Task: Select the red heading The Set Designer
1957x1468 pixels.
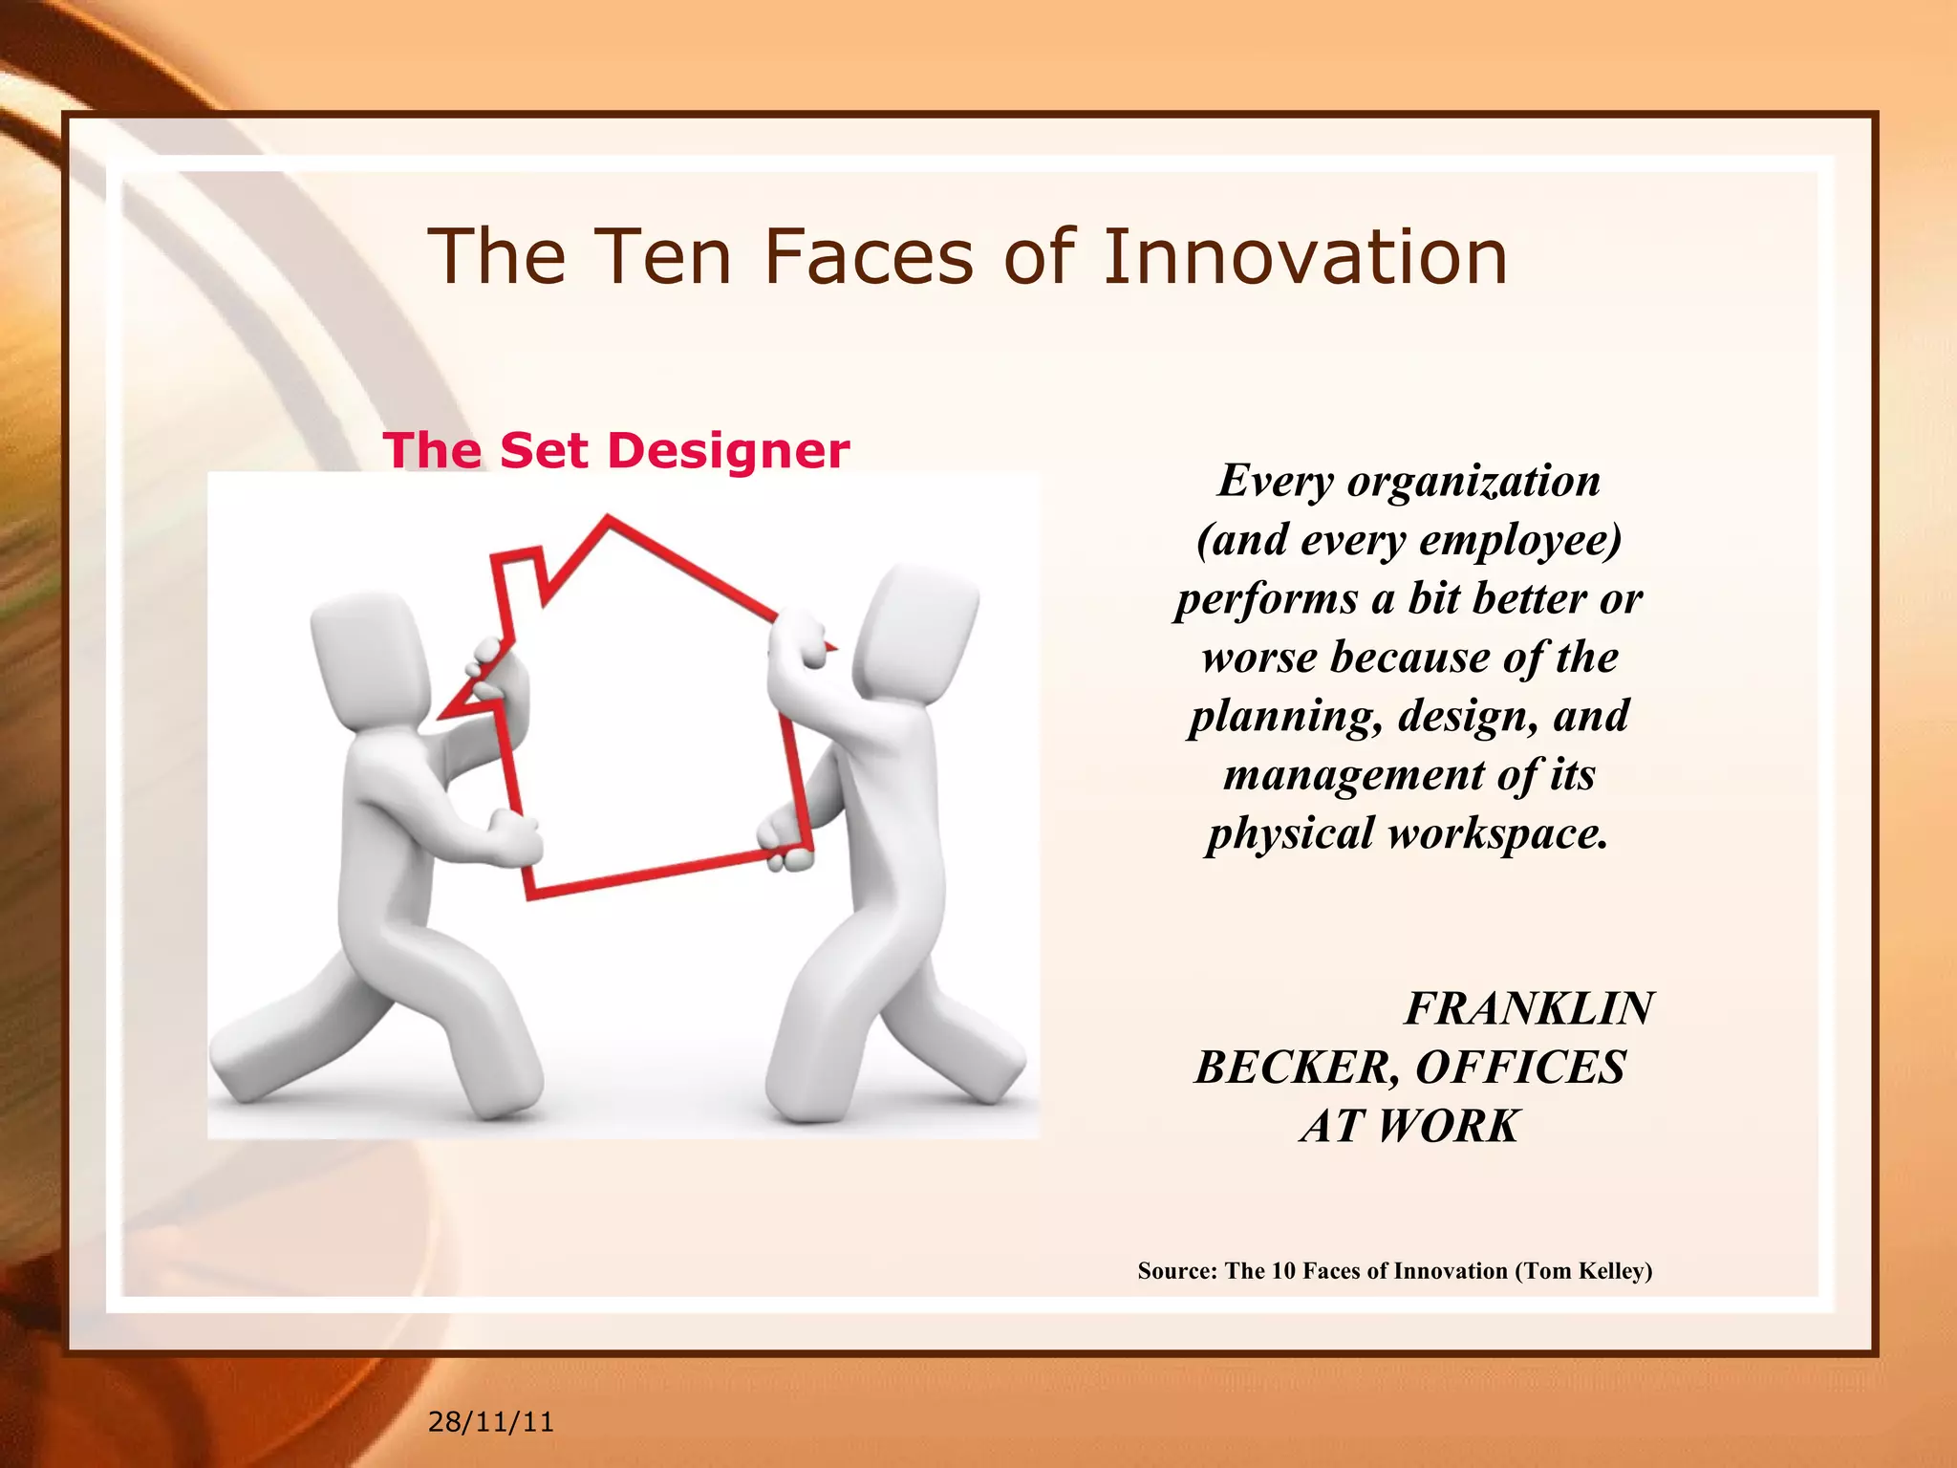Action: pos(615,449)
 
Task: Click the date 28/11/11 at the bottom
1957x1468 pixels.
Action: pos(490,1421)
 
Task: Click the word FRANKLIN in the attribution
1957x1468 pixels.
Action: pos(1528,1008)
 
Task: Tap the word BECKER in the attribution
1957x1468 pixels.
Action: pos(1296,1067)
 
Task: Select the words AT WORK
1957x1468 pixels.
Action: pos(1409,1126)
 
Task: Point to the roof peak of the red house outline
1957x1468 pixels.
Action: pos(609,521)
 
